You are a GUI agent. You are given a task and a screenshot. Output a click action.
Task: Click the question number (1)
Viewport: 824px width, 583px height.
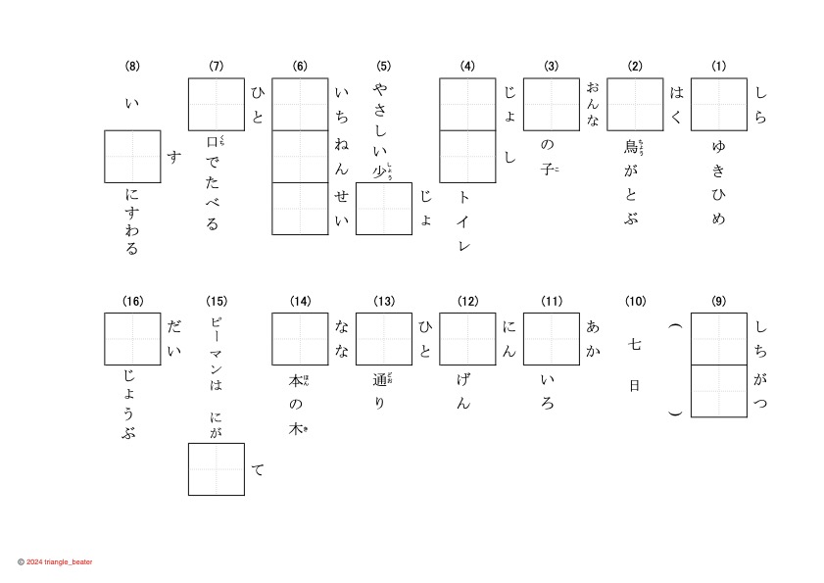pyautogui.click(x=719, y=67)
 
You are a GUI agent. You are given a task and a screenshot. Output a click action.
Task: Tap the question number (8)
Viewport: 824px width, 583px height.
pyautogui.click(x=132, y=67)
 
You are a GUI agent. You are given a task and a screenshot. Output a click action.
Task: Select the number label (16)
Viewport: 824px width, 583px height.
pyautogui.click(x=132, y=301)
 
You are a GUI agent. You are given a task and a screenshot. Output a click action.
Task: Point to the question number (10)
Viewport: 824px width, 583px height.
pyautogui.click(x=635, y=301)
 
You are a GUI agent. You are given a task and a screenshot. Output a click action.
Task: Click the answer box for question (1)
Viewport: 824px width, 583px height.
pyautogui.click(x=719, y=105)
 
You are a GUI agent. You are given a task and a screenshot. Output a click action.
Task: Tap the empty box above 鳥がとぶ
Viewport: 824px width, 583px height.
pyautogui.click(x=635, y=105)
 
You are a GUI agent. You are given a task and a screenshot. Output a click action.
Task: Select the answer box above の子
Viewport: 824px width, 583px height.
pyautogui.click(x=552, y=105)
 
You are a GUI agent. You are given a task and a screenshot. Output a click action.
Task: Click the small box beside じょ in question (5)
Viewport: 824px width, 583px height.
pyautogui.click(x=383, y=209)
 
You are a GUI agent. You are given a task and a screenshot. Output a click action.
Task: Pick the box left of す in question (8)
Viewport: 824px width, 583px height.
pyautogui.click(x=132, y=157)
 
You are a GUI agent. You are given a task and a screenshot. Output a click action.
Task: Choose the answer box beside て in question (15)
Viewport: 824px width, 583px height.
pyautogui.click(x=217, y=468)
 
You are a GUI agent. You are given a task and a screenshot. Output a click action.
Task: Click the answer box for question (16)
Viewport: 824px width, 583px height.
pyautogui.click(x=132, y=339)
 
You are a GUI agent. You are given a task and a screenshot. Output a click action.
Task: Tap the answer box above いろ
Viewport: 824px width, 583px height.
pyautogui.click(x=552, y=339)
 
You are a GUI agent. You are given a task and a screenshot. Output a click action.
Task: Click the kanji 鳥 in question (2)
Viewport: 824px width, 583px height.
pyautogui.click(x=632, y=147)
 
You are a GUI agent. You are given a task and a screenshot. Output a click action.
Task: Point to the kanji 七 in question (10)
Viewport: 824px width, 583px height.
pyautogui.click(x=635, y=344)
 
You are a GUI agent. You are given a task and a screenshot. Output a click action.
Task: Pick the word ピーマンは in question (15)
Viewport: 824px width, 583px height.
pyautogui.click(x=217, y=354)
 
